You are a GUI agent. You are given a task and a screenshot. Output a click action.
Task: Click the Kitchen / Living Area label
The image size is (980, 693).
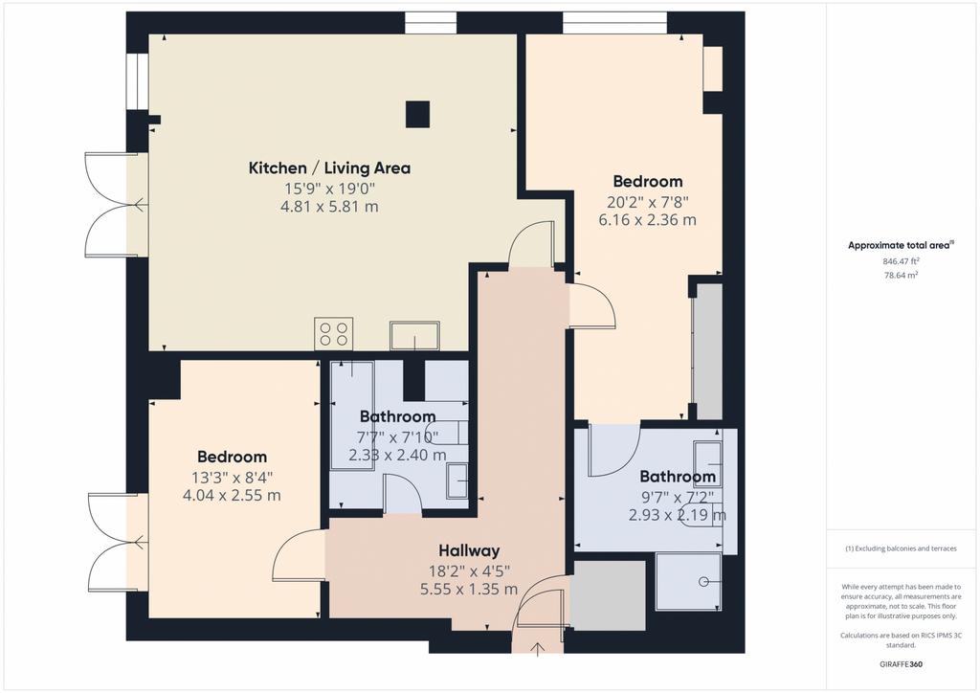pyautogui.click(x=329, y=168)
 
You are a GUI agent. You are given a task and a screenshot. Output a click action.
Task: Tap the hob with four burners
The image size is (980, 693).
pyautogui.click(x=333, y=333)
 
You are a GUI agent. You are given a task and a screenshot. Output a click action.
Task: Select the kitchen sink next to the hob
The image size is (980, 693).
pyautogui.click(x=414, y=336)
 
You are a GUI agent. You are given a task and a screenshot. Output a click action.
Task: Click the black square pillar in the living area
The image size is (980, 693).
pyautogui.click(x=417, y=114)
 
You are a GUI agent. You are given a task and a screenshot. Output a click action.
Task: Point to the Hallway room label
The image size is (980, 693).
pyautogui.click(x=469, y=550)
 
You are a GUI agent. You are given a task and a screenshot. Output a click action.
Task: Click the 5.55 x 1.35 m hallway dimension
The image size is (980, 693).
pyautogui.click(x=469, y=590)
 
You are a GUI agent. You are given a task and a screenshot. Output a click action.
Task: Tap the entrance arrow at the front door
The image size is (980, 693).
pyautogui.click(x=537, y=649)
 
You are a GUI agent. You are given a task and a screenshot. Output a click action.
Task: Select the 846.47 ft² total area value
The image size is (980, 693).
pyautogui.click(x=901, y=261)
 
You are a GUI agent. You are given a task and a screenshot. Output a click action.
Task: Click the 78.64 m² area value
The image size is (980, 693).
pyautogui.click(x=901, y=275)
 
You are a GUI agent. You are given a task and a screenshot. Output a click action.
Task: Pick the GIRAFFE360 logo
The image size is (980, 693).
pyautogui.click(x=901, y=664)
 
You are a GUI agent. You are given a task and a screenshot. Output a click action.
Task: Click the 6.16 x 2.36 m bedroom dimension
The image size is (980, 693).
pyautogui.click(x=648, y=220)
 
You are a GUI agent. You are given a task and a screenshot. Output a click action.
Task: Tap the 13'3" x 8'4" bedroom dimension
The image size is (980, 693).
pyautogui.click(x=232, y=478)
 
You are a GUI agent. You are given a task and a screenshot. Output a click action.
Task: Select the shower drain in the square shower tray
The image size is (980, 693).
pyautogui.click(x=703, y=582)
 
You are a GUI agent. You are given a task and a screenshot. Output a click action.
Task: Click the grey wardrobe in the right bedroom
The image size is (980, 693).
pyautogui.click(x=709, y=351)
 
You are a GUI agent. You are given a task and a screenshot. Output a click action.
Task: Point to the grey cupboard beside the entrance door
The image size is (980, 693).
pyautogui.click(x=609, y=595)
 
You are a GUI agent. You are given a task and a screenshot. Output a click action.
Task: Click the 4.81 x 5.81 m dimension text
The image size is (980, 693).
pyautogui.click(x=329, y=207)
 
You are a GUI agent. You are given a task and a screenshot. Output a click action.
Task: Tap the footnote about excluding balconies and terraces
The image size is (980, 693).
pyautogui.click(x=901, y=548)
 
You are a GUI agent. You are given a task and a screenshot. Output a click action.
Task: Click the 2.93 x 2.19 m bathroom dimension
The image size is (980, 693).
pyautogui.click(x=678, y=516)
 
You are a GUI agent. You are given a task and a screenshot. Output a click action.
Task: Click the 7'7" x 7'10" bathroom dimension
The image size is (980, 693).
pyautogui.click(x=397, y=436)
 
